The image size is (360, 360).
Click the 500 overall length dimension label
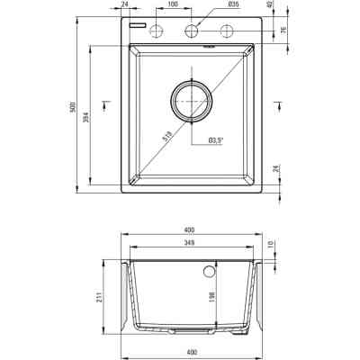click(x=72, y=107)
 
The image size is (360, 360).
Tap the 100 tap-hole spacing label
click(x=174, y=4)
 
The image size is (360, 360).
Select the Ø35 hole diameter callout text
click(x=233, y=4)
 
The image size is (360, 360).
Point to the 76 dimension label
click(x=283, y=30)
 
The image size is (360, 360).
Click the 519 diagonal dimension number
click(x=166, y=136)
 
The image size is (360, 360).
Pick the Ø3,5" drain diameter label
click(x=216, y=139)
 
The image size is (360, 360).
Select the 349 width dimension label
click(x=190, y=243)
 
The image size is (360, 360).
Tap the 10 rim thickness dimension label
click(x=270, y=243)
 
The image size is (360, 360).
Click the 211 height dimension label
click(x=101, y=296)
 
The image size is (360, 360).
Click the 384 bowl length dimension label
click(x=85, y=117)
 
